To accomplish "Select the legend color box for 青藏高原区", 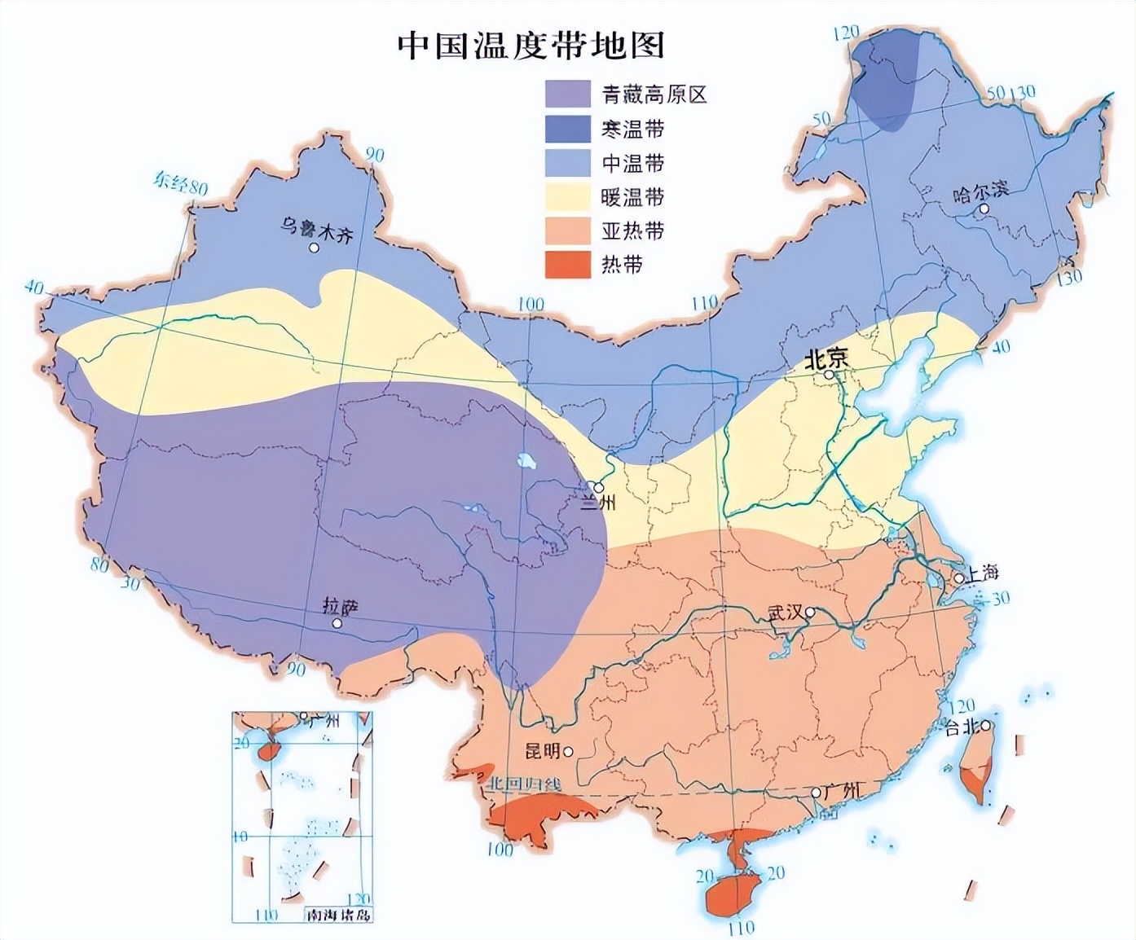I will [567, 94].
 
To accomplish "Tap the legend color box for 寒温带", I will [567, 129].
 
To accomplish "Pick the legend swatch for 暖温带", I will [567, 197].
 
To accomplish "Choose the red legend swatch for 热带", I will [567, 265].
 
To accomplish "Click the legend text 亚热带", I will [632, 231].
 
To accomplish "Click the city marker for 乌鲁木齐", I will [314, 247].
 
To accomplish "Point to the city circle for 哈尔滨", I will [984, 209].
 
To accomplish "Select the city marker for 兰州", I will [599, 487].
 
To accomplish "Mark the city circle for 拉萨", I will [337, 623].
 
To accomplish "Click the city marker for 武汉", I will [810, 612].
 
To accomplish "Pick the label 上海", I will [983, 573].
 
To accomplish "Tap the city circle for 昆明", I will [568, 751].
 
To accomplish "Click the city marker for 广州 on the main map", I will [816, 793].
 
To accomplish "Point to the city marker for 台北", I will [986, 725].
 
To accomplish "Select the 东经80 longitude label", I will [180, 183].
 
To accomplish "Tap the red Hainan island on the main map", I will [729, 892].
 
